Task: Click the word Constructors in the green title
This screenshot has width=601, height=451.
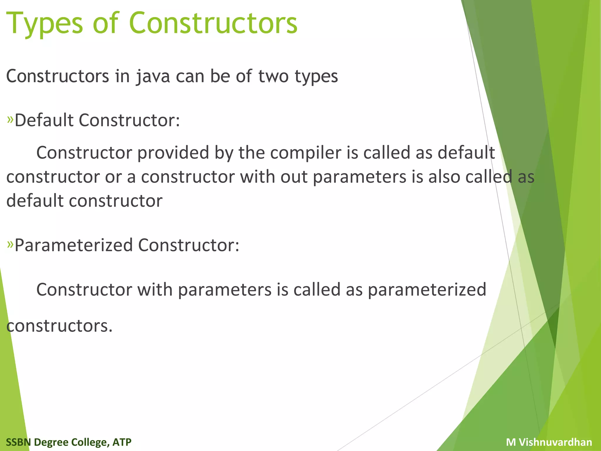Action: click(x=213, y=23)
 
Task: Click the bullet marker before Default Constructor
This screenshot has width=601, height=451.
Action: click(x=10, y=120)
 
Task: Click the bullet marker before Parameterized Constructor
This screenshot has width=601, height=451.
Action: click(x=10, y=244)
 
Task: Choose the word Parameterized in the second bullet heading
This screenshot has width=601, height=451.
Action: click(x=74, y=245)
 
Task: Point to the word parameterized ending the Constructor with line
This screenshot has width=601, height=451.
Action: click(x=427, y=290)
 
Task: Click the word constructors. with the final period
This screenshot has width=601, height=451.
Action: click(x=60, y=326)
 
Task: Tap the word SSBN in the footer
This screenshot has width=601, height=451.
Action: click(x=18, y=442)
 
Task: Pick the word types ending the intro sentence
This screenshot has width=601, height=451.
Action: click(x=316, y=77)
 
